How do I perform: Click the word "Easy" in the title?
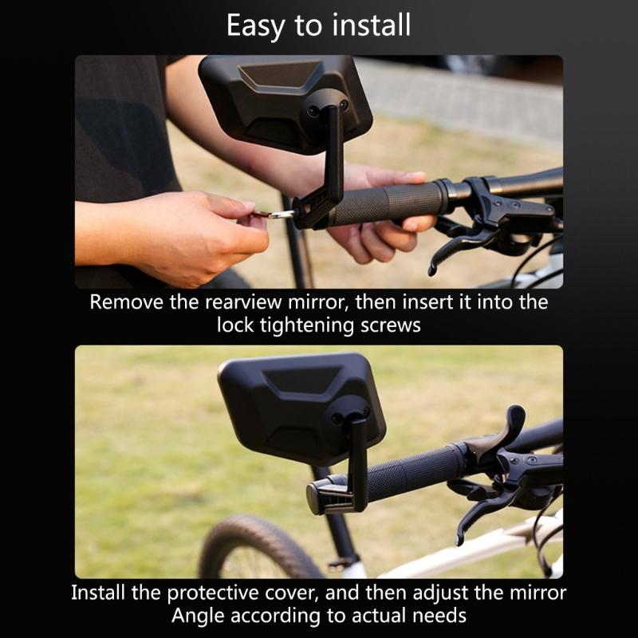pos(254,26)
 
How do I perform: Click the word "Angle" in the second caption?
pos(196,616)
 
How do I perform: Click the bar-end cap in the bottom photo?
pos(317,496)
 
